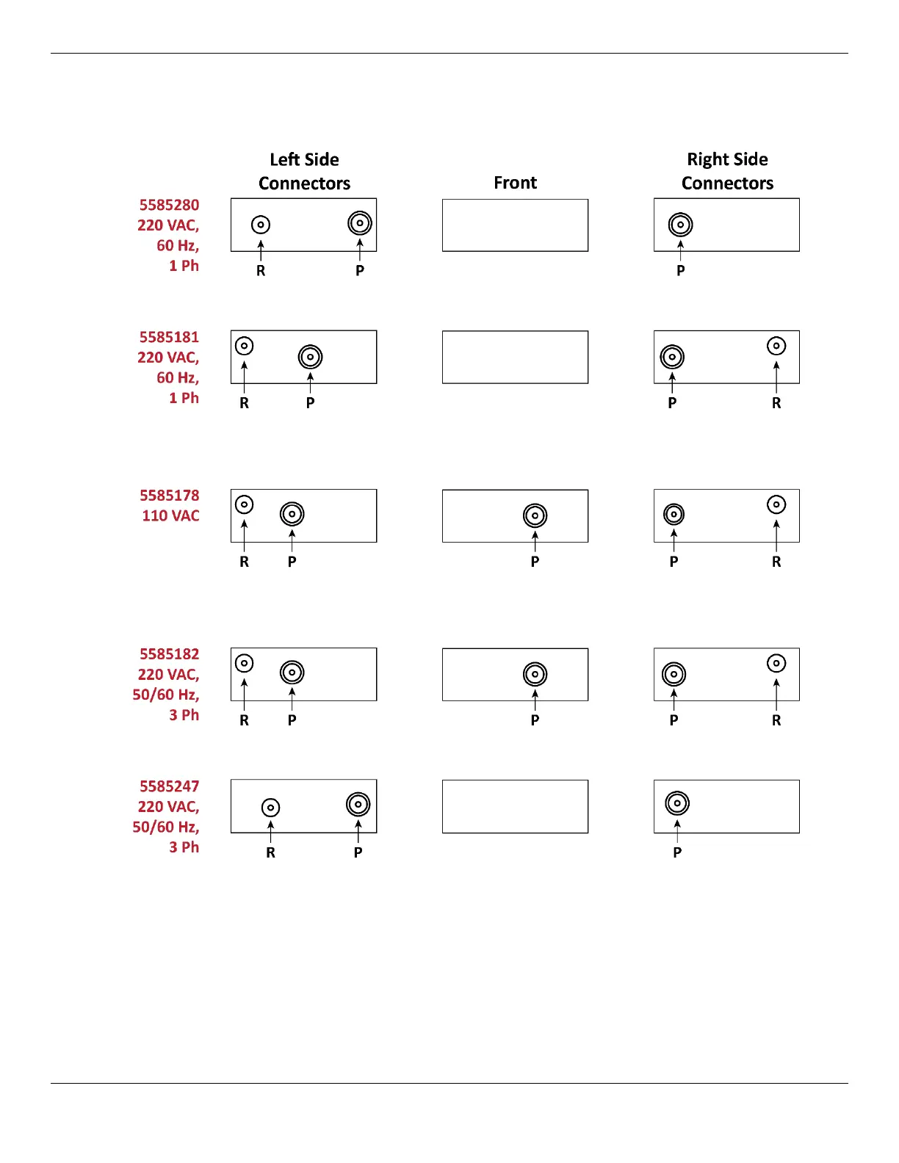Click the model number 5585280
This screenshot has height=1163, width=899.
pos(169,205)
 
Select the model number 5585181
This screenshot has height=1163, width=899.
pos(169,337)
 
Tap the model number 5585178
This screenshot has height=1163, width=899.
pos(169,496)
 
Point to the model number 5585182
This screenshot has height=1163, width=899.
pos(169,654)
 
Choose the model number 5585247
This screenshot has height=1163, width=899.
pos(169,786)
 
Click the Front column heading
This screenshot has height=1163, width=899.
pos(515,183)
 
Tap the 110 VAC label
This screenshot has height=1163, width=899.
pos(170,515)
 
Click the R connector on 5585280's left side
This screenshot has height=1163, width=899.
pos(261,225)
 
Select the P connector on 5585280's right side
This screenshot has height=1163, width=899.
pos(681,225)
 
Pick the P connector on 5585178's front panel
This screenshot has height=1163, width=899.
pos(535,515)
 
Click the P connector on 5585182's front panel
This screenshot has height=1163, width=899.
pos(535,674)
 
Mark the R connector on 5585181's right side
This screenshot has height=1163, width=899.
pos(776,346)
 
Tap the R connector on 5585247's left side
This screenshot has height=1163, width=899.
pos(271,808)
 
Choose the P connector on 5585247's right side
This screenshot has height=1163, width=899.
pos(677,803)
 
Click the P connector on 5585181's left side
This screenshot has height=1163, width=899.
pos(311,357)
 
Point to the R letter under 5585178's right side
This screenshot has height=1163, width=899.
pos(776,562)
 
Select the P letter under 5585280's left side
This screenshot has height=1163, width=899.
pos(360,271)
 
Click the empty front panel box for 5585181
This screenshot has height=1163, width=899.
pos(515,357)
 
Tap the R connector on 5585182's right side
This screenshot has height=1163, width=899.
pos(776,664)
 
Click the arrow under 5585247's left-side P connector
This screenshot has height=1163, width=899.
pos(358,831)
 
